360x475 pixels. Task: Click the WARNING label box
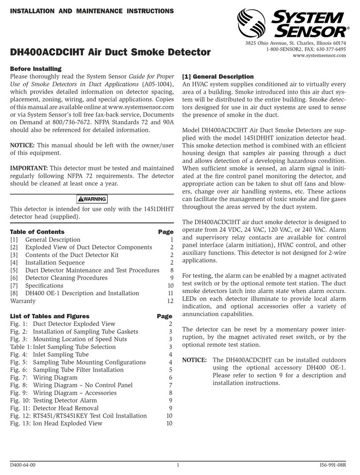pyautogui.click(x=91, y=199)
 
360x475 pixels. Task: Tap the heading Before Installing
pyautogui.click(x=35, y=69)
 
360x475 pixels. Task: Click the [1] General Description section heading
pyautogui.click(x=218, y=77)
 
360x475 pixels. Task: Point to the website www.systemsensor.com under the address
pyautogui.click(x=319, y=56)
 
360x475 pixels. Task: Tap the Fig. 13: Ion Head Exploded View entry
pyautogui.click(x=56, y=423)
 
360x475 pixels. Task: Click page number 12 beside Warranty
pyautogui.click(x=169, y=301)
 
